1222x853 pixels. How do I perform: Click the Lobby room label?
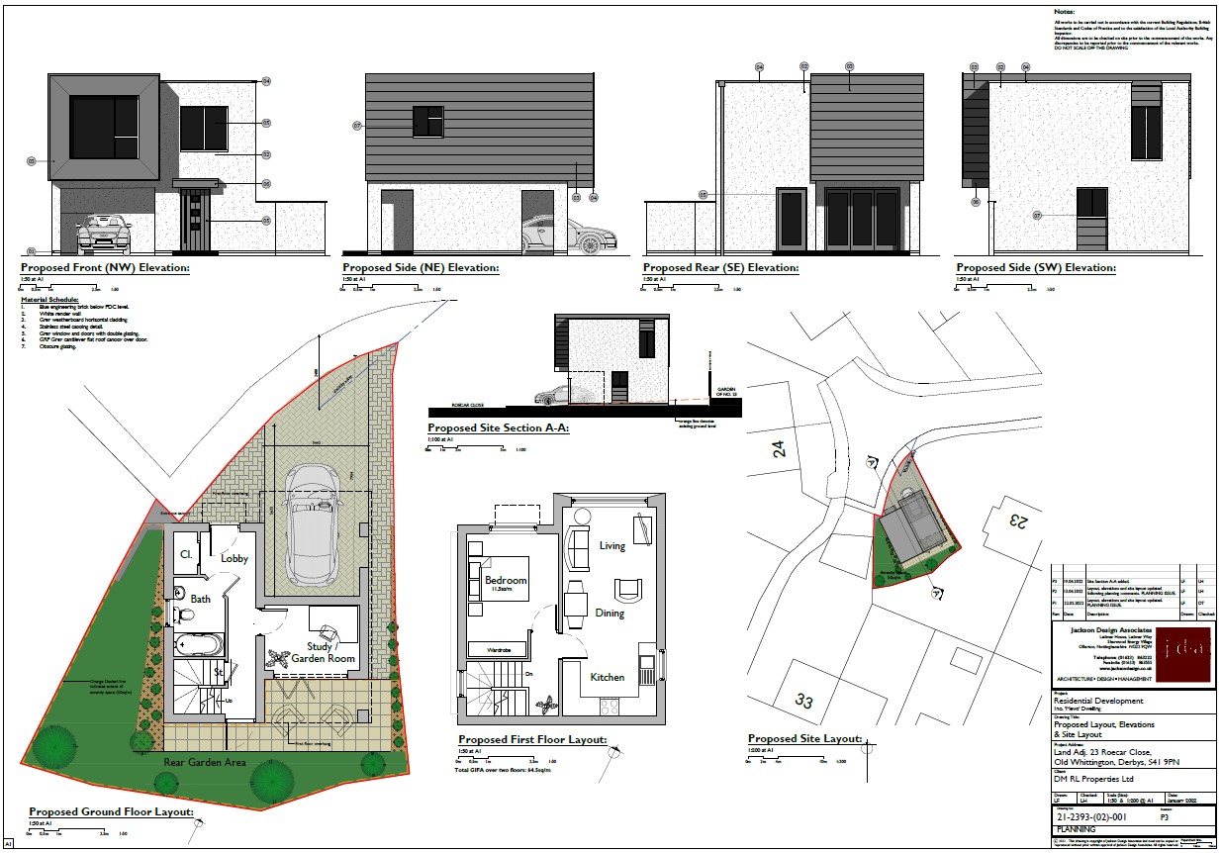(x=235, y=558)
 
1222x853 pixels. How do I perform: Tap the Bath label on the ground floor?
(x=201, y=599)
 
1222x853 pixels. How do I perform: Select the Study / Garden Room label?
(x=326, y=652)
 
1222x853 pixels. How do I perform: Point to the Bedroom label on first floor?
(x=506, y=580)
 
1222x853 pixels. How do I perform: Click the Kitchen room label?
(x=608, y=677)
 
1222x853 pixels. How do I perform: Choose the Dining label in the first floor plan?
(x=610, y=614)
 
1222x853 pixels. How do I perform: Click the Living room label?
(x=612, y=546)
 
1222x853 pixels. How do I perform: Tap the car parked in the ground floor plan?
(x=310, y=524)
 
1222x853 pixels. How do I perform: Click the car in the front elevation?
(x=103, y=235)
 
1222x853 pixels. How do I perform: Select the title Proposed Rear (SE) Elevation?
(x=720, y=268)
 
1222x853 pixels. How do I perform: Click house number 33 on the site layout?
(x=804, y=702)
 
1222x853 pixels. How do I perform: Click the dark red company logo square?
(x=1183, y=655)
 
